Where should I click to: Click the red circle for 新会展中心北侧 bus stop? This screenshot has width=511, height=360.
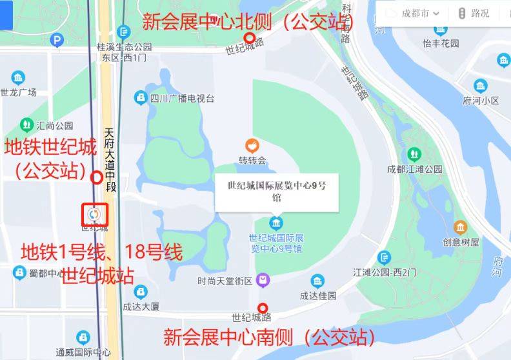pyautogui.click(x=250, y=38)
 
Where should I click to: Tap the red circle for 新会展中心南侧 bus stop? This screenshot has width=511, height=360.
pyautogui.click(x=263, y=308)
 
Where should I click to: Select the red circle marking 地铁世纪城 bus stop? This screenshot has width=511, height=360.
pyautogui.click(x=97, y=177)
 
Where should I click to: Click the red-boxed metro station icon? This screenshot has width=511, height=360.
pyautogui.click(x=94, y=213)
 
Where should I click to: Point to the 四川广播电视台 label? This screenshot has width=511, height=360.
pyautogui.click(x=182, y=99)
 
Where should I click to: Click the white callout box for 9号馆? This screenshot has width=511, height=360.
pyautogui.click(x=277, y=192)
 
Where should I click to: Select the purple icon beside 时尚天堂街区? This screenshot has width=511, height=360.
pyautogui.click(x=263, y=281)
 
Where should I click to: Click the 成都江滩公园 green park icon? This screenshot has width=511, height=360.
pyautogui.click(x=414, y=154)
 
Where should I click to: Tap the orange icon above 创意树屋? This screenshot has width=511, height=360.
pyautogui.click(x=460, y=228)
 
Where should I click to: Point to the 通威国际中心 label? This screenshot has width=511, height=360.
pyautogui.click(x=83, y=352)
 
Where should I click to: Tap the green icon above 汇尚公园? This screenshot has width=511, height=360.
pyautogui.click(x=26, y=123)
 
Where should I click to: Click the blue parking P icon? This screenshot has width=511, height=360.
pyautogui.click(x=57, y=41)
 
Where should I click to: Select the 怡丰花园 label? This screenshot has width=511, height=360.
pyautogui.click(x=441, y=43)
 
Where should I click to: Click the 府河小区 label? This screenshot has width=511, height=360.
pyautogui.click(x=481, y=100)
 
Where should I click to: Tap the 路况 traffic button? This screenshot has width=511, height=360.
pyautogui.click(x=474, y=13)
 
